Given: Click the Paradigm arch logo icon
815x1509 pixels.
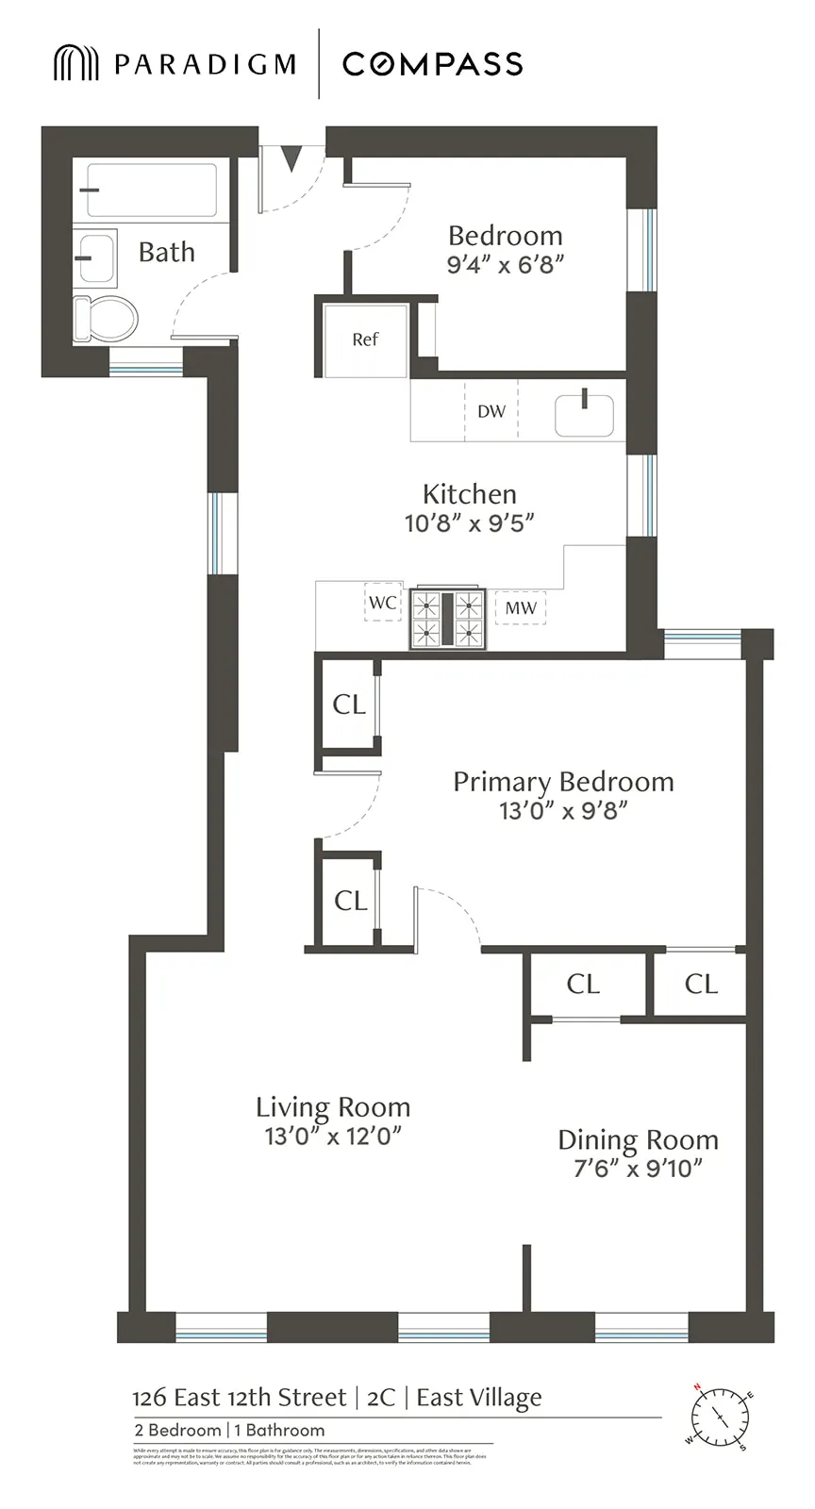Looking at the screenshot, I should pyautogui.click(x=75, y=63).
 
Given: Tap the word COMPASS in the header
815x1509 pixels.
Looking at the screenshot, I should pyautogui.click(x=432, y=64).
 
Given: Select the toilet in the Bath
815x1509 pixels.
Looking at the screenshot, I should pyautogui.click(x=104, y=319).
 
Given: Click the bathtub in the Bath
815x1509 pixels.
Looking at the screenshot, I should pyautogui.click(x=151, y=191).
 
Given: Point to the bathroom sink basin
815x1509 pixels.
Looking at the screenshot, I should pyautogui.click(x=95, y=257).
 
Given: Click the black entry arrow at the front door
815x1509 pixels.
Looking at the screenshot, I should pyautogui.click(x=291, y=158).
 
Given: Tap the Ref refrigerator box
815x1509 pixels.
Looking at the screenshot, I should pyautogui.click(x=365, y=340).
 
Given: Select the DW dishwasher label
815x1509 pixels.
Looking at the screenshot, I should pyautogui.click(x=491, y=411).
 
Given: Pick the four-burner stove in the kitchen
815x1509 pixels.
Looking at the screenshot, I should pyautogui.click(x=448, y=619).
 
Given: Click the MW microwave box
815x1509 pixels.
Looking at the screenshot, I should pyautogui.click(x=521, y=608).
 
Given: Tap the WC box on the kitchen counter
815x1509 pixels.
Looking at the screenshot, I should pyautogui.click(x=383, y=603).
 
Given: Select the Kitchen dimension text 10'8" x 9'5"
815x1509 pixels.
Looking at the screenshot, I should pyautogui.click(x=469, y=522).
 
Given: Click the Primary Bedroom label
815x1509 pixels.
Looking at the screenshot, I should pyautogui.click(x=563, y=782).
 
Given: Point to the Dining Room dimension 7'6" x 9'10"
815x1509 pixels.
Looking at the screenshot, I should pyautogui.click(x=638, y=1169).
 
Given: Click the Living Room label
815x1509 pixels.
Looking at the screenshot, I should pyautogui.click(x=333, y=1107).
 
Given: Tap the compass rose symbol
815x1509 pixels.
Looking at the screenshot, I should pyautogui.click(x=720, y=1417).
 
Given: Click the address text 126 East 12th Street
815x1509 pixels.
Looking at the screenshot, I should pyautogui.click(x=239, y=1398).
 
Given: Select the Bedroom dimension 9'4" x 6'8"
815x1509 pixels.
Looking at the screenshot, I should pyautogui.click(x=505, y=265).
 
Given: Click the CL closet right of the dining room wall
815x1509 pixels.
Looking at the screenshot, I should pyautogui.click(x=701, y=985).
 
